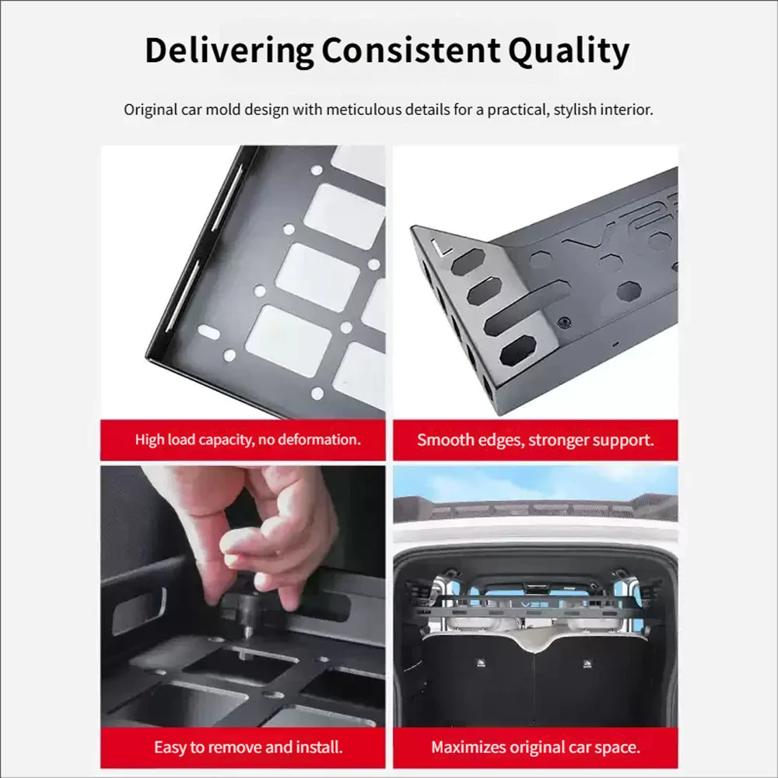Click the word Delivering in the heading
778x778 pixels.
(230, 51)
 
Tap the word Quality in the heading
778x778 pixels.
(569, 51)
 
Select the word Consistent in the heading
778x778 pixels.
(411, 51)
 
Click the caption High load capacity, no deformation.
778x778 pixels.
(247, 440)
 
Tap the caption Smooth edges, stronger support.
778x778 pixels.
(535, 440)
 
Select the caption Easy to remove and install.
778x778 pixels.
(248, 747)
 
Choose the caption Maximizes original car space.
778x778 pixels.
(535, 747)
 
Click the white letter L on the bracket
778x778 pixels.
(440, 247)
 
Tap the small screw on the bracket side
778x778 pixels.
(563, 323)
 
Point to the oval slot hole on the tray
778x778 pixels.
(209, 332)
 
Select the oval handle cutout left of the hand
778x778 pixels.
(139, 612)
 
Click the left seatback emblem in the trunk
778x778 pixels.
(481, 664)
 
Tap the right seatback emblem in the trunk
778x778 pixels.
(587, 664)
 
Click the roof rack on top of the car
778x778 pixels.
(535, 508)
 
